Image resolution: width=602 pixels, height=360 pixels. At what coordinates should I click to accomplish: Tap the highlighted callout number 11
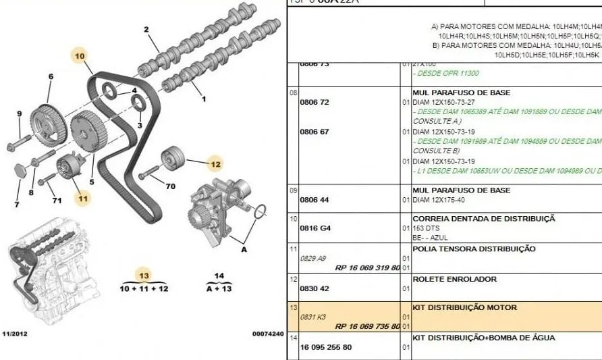(82, 199)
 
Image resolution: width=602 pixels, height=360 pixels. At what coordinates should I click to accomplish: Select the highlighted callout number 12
(215, 163)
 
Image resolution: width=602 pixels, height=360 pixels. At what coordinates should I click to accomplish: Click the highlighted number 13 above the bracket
(143, 275)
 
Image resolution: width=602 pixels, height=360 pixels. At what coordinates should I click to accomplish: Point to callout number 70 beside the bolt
(170, 186)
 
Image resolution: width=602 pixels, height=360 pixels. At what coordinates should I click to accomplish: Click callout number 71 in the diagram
(57, 201)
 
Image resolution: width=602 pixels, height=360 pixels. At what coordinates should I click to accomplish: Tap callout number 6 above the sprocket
(50, 76)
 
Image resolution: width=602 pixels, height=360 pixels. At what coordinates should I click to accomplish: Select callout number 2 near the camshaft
(145, 29)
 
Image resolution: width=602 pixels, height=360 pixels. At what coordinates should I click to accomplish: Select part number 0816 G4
(315, 228)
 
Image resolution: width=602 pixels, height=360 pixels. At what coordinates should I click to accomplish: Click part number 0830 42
(315, 288)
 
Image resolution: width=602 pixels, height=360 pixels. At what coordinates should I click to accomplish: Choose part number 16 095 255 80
(325, 348)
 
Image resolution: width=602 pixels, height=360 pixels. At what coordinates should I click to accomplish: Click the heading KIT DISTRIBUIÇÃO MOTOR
(464, 307)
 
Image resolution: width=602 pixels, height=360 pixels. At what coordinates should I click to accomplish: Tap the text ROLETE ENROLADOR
(454, 279)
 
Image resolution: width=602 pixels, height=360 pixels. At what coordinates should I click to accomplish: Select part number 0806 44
(314, 200)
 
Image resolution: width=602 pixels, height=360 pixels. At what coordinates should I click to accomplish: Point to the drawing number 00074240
(268, 334)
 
